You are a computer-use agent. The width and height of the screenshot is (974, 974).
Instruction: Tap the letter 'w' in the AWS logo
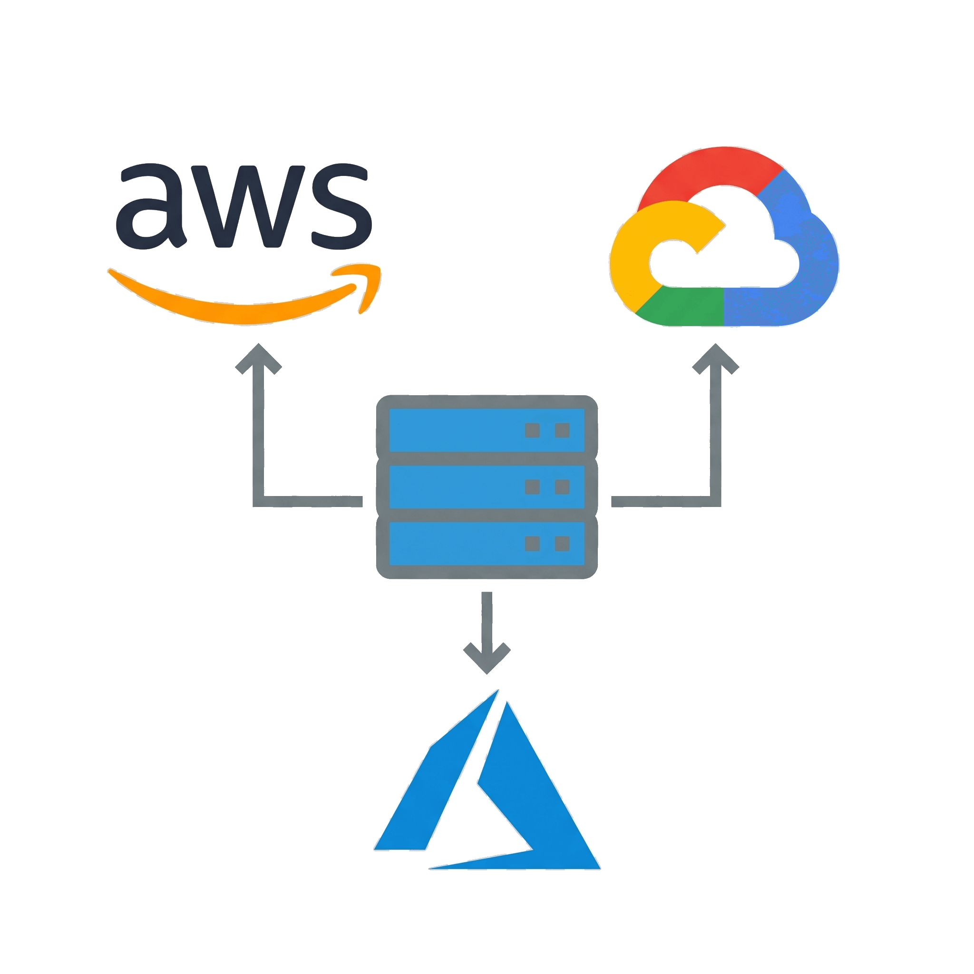pos(248,207)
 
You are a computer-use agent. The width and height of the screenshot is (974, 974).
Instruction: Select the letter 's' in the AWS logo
pos(342,207)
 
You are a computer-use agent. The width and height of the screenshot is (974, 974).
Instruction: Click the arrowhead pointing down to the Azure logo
pos(487,658)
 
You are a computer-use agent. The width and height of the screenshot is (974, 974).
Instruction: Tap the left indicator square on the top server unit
pos(532,430)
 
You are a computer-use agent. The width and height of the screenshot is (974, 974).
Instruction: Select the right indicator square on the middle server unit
pos(562,487)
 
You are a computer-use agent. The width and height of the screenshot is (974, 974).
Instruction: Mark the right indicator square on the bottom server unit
pos(562,544)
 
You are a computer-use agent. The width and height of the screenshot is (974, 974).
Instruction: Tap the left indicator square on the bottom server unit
pos(532,544)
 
